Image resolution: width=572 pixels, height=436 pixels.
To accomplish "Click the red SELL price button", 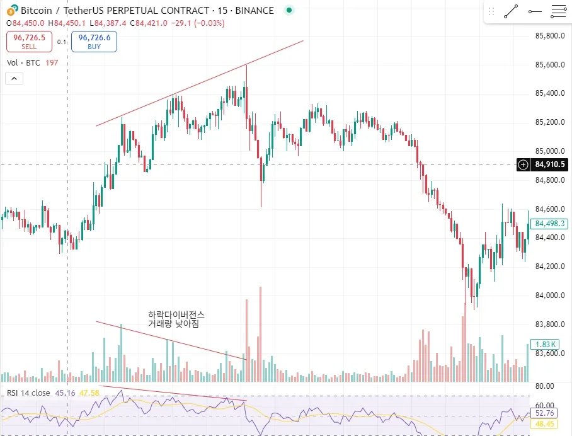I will click(29, 42).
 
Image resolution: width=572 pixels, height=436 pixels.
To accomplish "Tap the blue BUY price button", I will click(94, 42).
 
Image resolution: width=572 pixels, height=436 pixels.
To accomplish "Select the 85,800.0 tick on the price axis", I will click(548, 36).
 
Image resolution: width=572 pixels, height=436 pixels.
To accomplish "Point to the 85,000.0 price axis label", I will click(548, 151).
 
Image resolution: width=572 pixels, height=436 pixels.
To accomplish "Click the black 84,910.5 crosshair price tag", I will click(548, 165).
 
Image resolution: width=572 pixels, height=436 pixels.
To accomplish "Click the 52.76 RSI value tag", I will click(545, 413).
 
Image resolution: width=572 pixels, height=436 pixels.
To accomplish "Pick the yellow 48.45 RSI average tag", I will click(545, 425).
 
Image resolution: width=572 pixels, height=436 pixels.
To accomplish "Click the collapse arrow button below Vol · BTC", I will click(14, 79).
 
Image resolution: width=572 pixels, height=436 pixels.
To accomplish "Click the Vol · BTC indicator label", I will click(24, 62).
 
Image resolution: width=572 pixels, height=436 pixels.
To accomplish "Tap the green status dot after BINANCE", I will click(289, 11).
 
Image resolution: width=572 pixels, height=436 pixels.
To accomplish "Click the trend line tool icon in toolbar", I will click(511, 11).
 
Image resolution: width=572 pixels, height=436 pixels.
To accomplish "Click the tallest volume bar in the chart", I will click(260, 334).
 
